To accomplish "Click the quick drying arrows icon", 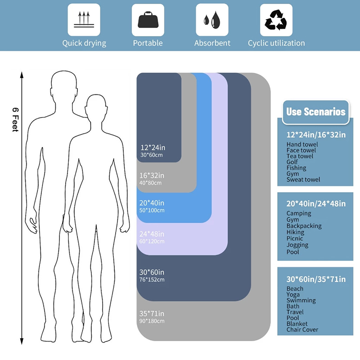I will (x=84, y=19).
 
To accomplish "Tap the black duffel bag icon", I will (x=148, y=20).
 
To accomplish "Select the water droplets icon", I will (x=212, y=20).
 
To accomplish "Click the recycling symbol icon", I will (x=276, y=20).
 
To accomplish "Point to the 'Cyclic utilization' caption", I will (x=276, y=43).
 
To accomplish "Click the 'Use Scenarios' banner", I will (x=316, y=112).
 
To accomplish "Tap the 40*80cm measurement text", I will (x=151, y=183).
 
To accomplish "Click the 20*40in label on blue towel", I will (x=152, y=203).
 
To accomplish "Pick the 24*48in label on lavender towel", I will (x=152, y=234).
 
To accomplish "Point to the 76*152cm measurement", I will (x=152, y=279).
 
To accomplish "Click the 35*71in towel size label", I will (x=152, y=313).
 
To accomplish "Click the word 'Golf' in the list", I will (x=292, y=162).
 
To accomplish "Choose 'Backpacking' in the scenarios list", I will (x=304, y=226).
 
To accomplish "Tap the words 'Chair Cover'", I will (x=302, y=329).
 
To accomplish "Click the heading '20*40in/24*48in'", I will (x=316, y=203).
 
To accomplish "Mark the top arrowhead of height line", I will (x=22, y=74).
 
